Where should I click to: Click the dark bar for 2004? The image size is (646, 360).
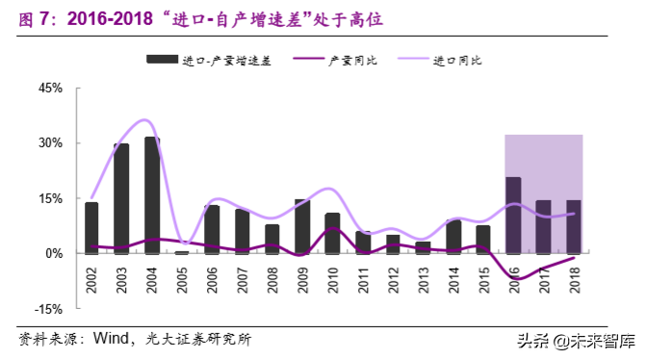point(152,195)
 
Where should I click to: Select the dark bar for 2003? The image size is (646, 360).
point(121,198)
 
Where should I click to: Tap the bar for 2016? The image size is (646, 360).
point(514,216)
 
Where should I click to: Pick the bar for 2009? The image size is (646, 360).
point(302,226)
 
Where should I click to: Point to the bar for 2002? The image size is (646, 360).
point(91,228)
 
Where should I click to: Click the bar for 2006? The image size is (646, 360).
point(212,229)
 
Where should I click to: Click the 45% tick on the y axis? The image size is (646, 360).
point(49,88)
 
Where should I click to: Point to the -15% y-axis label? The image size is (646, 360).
point(47,309)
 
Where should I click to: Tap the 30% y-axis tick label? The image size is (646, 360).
point(49,142)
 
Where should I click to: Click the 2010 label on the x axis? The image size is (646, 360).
point(333,279)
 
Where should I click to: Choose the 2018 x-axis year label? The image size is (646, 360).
point(575,279)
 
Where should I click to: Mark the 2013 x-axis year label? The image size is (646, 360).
point(424,279)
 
